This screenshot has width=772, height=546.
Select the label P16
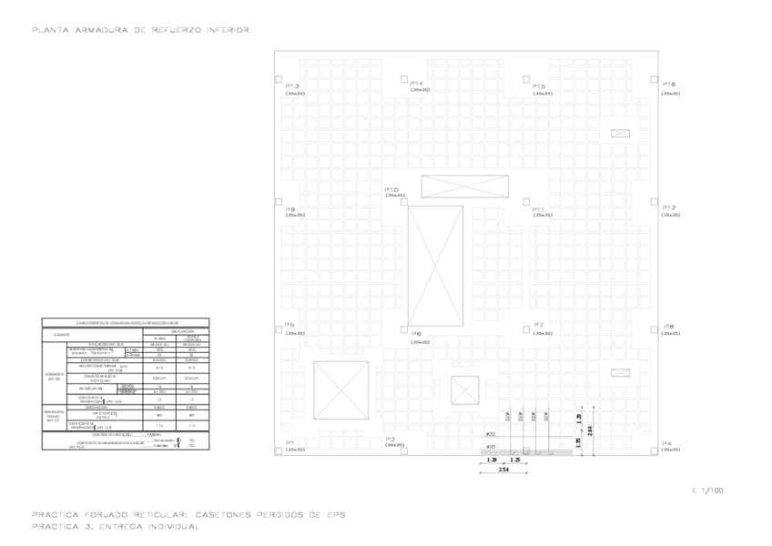coord(669,85)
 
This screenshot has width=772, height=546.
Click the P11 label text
coord(539,208)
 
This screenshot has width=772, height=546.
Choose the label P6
coord(416,334)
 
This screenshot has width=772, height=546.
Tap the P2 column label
coord(391,439)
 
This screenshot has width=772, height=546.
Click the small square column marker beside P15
coord(526,79)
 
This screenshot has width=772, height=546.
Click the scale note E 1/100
coord(708,490)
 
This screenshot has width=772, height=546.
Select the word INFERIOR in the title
coord(223,30)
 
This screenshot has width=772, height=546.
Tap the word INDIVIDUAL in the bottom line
coord(170,527)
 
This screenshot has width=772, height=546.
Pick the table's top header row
coord(126,323)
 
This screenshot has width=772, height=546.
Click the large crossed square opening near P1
coord(340,389)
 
